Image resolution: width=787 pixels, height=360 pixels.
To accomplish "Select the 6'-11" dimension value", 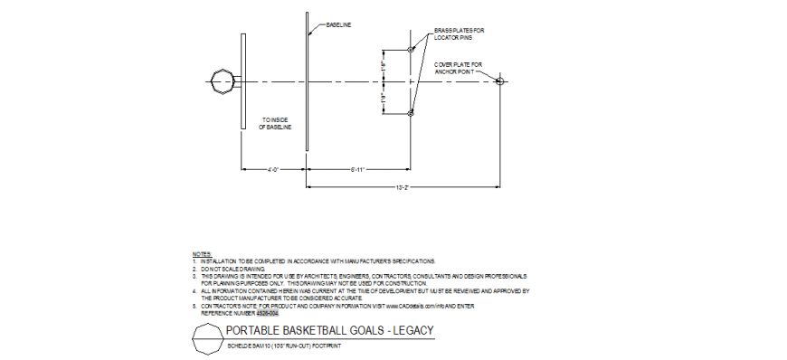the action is click(x=356, y=169).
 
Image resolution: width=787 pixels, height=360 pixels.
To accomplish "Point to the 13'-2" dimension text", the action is click(x=404, y=187).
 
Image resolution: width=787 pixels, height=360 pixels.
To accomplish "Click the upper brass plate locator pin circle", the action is click(x=411, y=50).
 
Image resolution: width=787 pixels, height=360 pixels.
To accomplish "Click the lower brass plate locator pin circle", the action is click(x=411, y=113).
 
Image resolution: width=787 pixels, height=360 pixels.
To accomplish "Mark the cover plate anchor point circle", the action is click(x=499, y=81).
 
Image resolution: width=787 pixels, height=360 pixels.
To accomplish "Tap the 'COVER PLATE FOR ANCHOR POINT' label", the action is click(x=459, y=68).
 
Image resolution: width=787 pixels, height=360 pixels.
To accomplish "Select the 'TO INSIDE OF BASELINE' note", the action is click(x=276, y=123).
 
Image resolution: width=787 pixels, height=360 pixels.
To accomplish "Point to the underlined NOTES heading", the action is click(x=202, y=254).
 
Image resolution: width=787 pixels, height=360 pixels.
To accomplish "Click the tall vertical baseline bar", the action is click(x=308, y=81).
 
